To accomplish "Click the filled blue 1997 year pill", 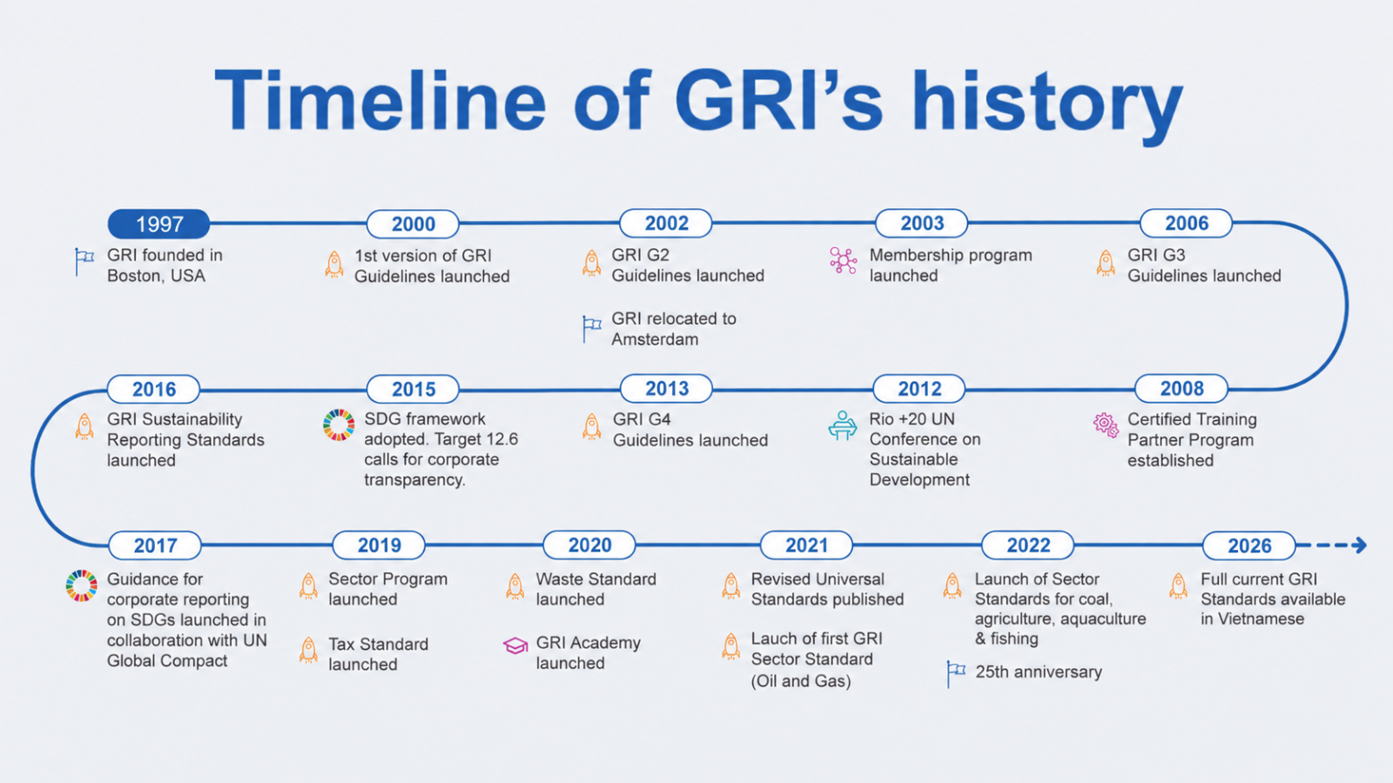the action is tap(158, 224).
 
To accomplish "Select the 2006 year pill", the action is tap(1186, 223).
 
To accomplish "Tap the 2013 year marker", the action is tap(667, 388).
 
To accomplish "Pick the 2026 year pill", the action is tap(1248, 545).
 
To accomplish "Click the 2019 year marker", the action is tap(379, 545).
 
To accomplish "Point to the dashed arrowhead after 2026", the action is tap(1360, 545).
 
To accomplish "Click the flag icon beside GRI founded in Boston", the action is tap(84, 262).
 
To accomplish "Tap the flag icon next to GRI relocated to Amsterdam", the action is tap(591, 328).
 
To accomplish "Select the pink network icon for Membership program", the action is tap(844, 260).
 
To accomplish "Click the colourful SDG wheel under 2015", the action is tap(339, 425).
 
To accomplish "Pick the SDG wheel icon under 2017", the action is tap(82, 586).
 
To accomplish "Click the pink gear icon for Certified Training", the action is tap(1106, 425).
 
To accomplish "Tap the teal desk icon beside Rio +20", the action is tap(843, 425).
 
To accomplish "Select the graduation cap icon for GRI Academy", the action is tap(515, 646).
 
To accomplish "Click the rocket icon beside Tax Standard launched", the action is tap(308, 650).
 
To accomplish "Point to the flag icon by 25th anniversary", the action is tap(956, 673).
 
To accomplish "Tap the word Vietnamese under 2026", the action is tap(1252, 619).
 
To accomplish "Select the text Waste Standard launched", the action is tap(596, 589).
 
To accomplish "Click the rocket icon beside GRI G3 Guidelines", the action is tap(1106, 263).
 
